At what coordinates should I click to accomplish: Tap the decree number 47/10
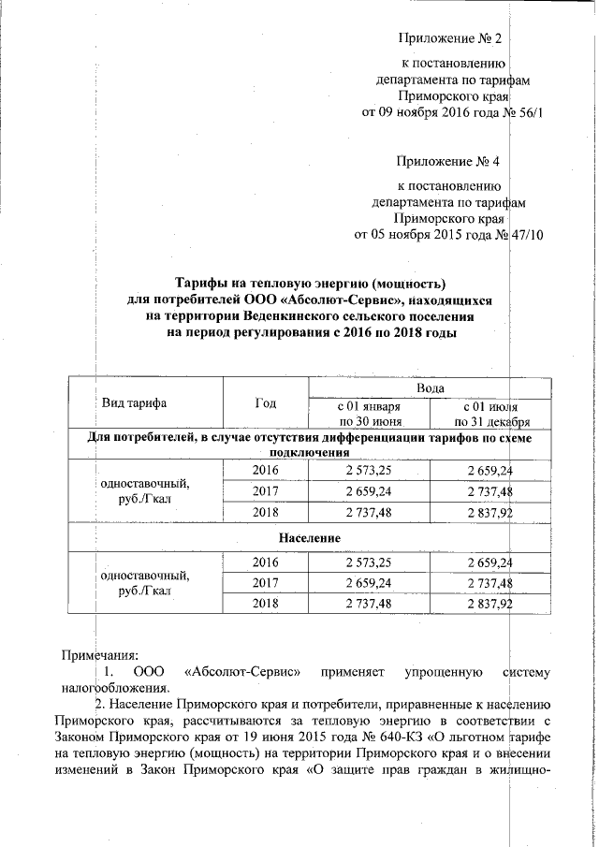point(525,234)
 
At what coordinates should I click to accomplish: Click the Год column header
point(265,403)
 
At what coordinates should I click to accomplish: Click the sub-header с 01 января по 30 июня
point(368,415)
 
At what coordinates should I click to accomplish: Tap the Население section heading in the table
point(300,539)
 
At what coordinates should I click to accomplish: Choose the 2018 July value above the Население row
point(486,513)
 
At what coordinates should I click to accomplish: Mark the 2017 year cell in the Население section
point(266,583)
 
